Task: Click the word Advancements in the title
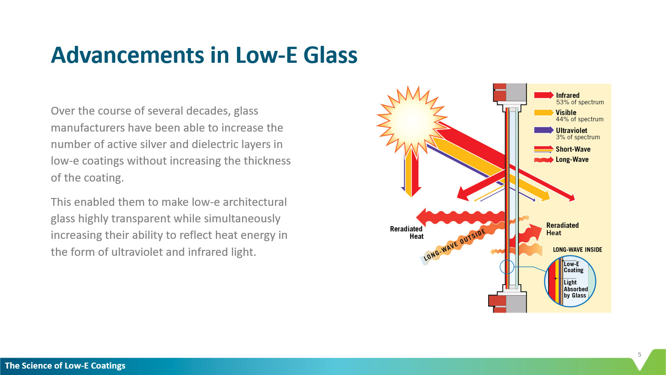[128, 55]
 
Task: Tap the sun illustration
[412, 120]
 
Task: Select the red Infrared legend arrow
[544, 95]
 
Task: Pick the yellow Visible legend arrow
[544, 112]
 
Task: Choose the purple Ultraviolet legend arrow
[544, 130]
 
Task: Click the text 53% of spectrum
[580, 102]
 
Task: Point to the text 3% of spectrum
[578, 137]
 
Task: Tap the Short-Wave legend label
[573, 149]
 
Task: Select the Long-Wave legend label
[572, 160]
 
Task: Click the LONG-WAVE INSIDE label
[578, 250]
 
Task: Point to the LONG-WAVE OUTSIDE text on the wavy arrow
[455, 245]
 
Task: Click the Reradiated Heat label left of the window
[407, 232]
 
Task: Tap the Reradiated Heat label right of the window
[562, 229]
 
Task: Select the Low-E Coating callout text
[573, 267]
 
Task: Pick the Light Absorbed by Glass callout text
[576, 289]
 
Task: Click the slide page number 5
[639, 354]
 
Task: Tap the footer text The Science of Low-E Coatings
[65, 365]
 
